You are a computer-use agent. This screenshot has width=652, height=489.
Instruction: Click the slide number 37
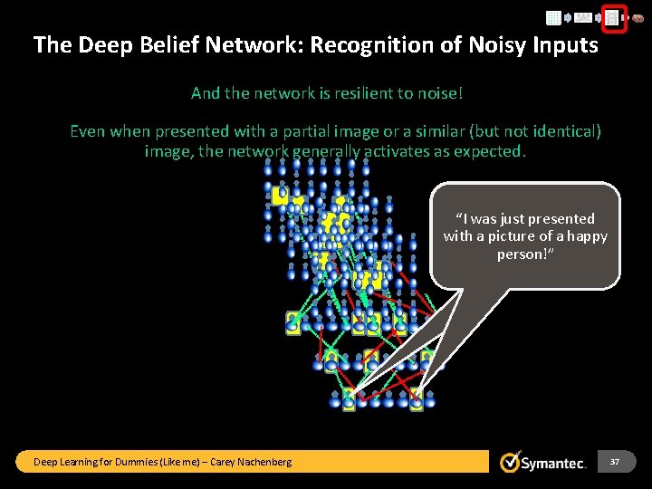pos(615,462)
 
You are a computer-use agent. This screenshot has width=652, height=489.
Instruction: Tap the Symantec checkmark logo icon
pos(511,462)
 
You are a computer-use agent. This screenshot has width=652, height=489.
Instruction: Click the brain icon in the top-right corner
pos(638,17)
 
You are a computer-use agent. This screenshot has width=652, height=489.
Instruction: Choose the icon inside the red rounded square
pos(613,17)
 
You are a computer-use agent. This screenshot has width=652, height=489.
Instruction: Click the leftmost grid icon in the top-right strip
pos(553,17)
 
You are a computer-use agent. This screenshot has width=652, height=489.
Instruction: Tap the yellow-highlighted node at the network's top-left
pos(280,194)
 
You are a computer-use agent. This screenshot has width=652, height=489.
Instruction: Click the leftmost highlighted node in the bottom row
pos(349,398)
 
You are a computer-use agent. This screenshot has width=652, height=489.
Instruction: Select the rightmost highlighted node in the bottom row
pos(417,398)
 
